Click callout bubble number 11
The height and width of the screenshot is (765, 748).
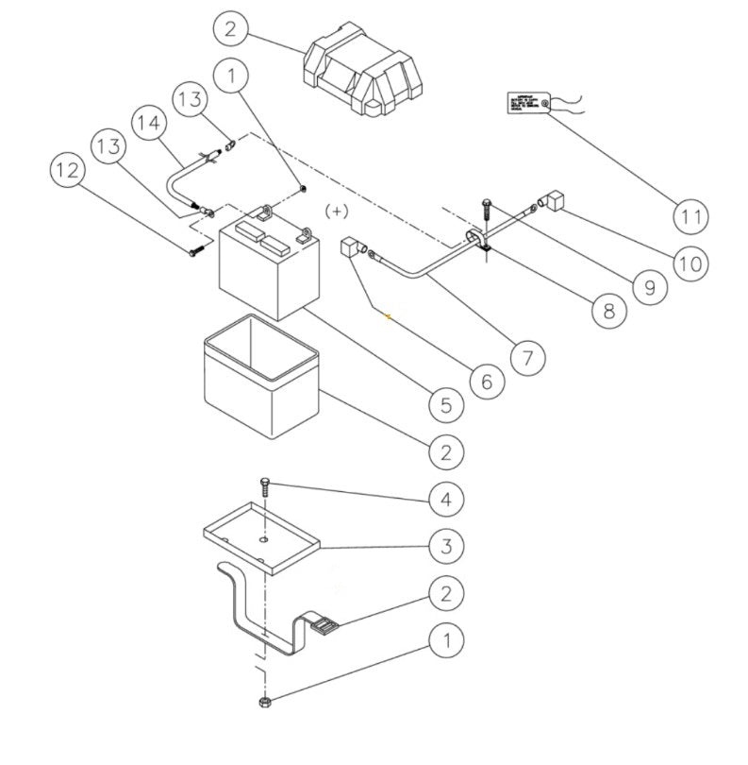tap(692, 215)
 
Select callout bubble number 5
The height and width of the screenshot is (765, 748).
tap(446, 405)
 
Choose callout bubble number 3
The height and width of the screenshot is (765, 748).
tap(446, 545)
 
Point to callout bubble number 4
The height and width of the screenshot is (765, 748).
tap(446, 498)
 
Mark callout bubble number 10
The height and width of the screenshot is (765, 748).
tap(691, 262)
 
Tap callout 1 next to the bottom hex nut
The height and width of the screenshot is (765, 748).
tap(446, 641)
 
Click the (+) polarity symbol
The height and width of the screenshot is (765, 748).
tap(337, 211)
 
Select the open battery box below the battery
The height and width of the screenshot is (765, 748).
tap(261, 376)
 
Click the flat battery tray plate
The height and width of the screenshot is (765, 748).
tap(261, 535)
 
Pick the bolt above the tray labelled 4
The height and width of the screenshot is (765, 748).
tap(265, 489)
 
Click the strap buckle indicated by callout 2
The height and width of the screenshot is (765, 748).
tap(320, 625)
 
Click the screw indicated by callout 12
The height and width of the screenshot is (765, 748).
tap(194, 251)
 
